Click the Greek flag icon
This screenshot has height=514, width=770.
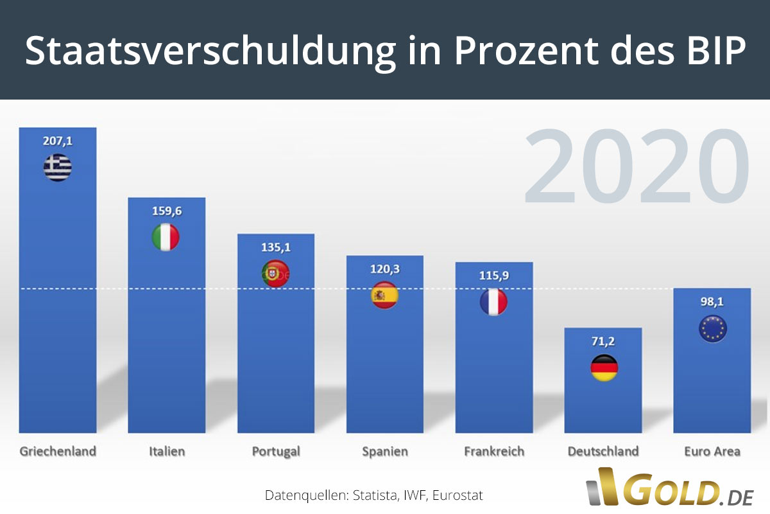(x=58, y=168)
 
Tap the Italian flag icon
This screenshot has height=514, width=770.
(x=166, y=237)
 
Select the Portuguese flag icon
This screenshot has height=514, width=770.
(x=275, y=274)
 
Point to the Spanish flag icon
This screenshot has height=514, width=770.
(x=385, y=296)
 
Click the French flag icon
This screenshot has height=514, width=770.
(x=493, y=301)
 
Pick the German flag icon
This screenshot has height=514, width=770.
(x=604, y=368)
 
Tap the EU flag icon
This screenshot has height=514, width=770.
(x=712, y=329)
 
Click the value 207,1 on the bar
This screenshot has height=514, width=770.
(x=58, y=141)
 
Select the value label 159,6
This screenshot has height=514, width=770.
(x=167, y=211)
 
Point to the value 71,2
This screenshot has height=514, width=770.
(x=603, y=341)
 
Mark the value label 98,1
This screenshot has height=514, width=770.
(x=712, y=302)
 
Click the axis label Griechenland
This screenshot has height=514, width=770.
(x=58, y=451)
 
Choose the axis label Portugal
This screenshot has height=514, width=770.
(x=276, y=452)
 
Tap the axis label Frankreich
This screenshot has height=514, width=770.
(x=494, y=451)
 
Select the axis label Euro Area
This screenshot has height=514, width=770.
(x=712, y=451)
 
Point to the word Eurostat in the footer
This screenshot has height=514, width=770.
(x=458, y=495)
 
